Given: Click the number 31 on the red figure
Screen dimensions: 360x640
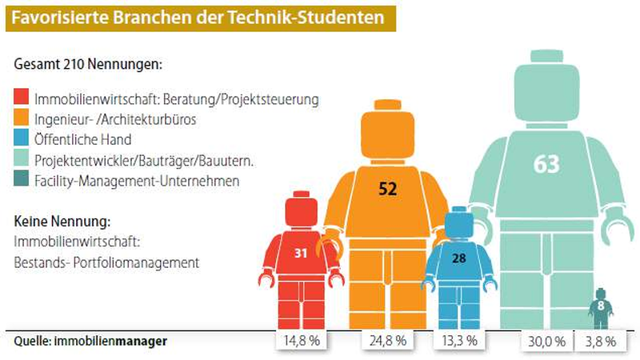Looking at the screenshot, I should (x=301, y=254).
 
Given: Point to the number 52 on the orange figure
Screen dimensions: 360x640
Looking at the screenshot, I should (x=388, y=189).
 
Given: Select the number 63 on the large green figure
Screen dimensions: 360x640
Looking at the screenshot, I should (x=546, y=165).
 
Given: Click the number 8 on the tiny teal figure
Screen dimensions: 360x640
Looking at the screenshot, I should (x=600, y=305).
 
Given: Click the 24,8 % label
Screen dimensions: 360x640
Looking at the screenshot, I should (x=388, y=341).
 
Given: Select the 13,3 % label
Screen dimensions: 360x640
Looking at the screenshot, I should (x=459, y=341).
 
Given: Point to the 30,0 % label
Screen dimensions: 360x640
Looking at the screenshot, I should (x=547, y=341).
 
